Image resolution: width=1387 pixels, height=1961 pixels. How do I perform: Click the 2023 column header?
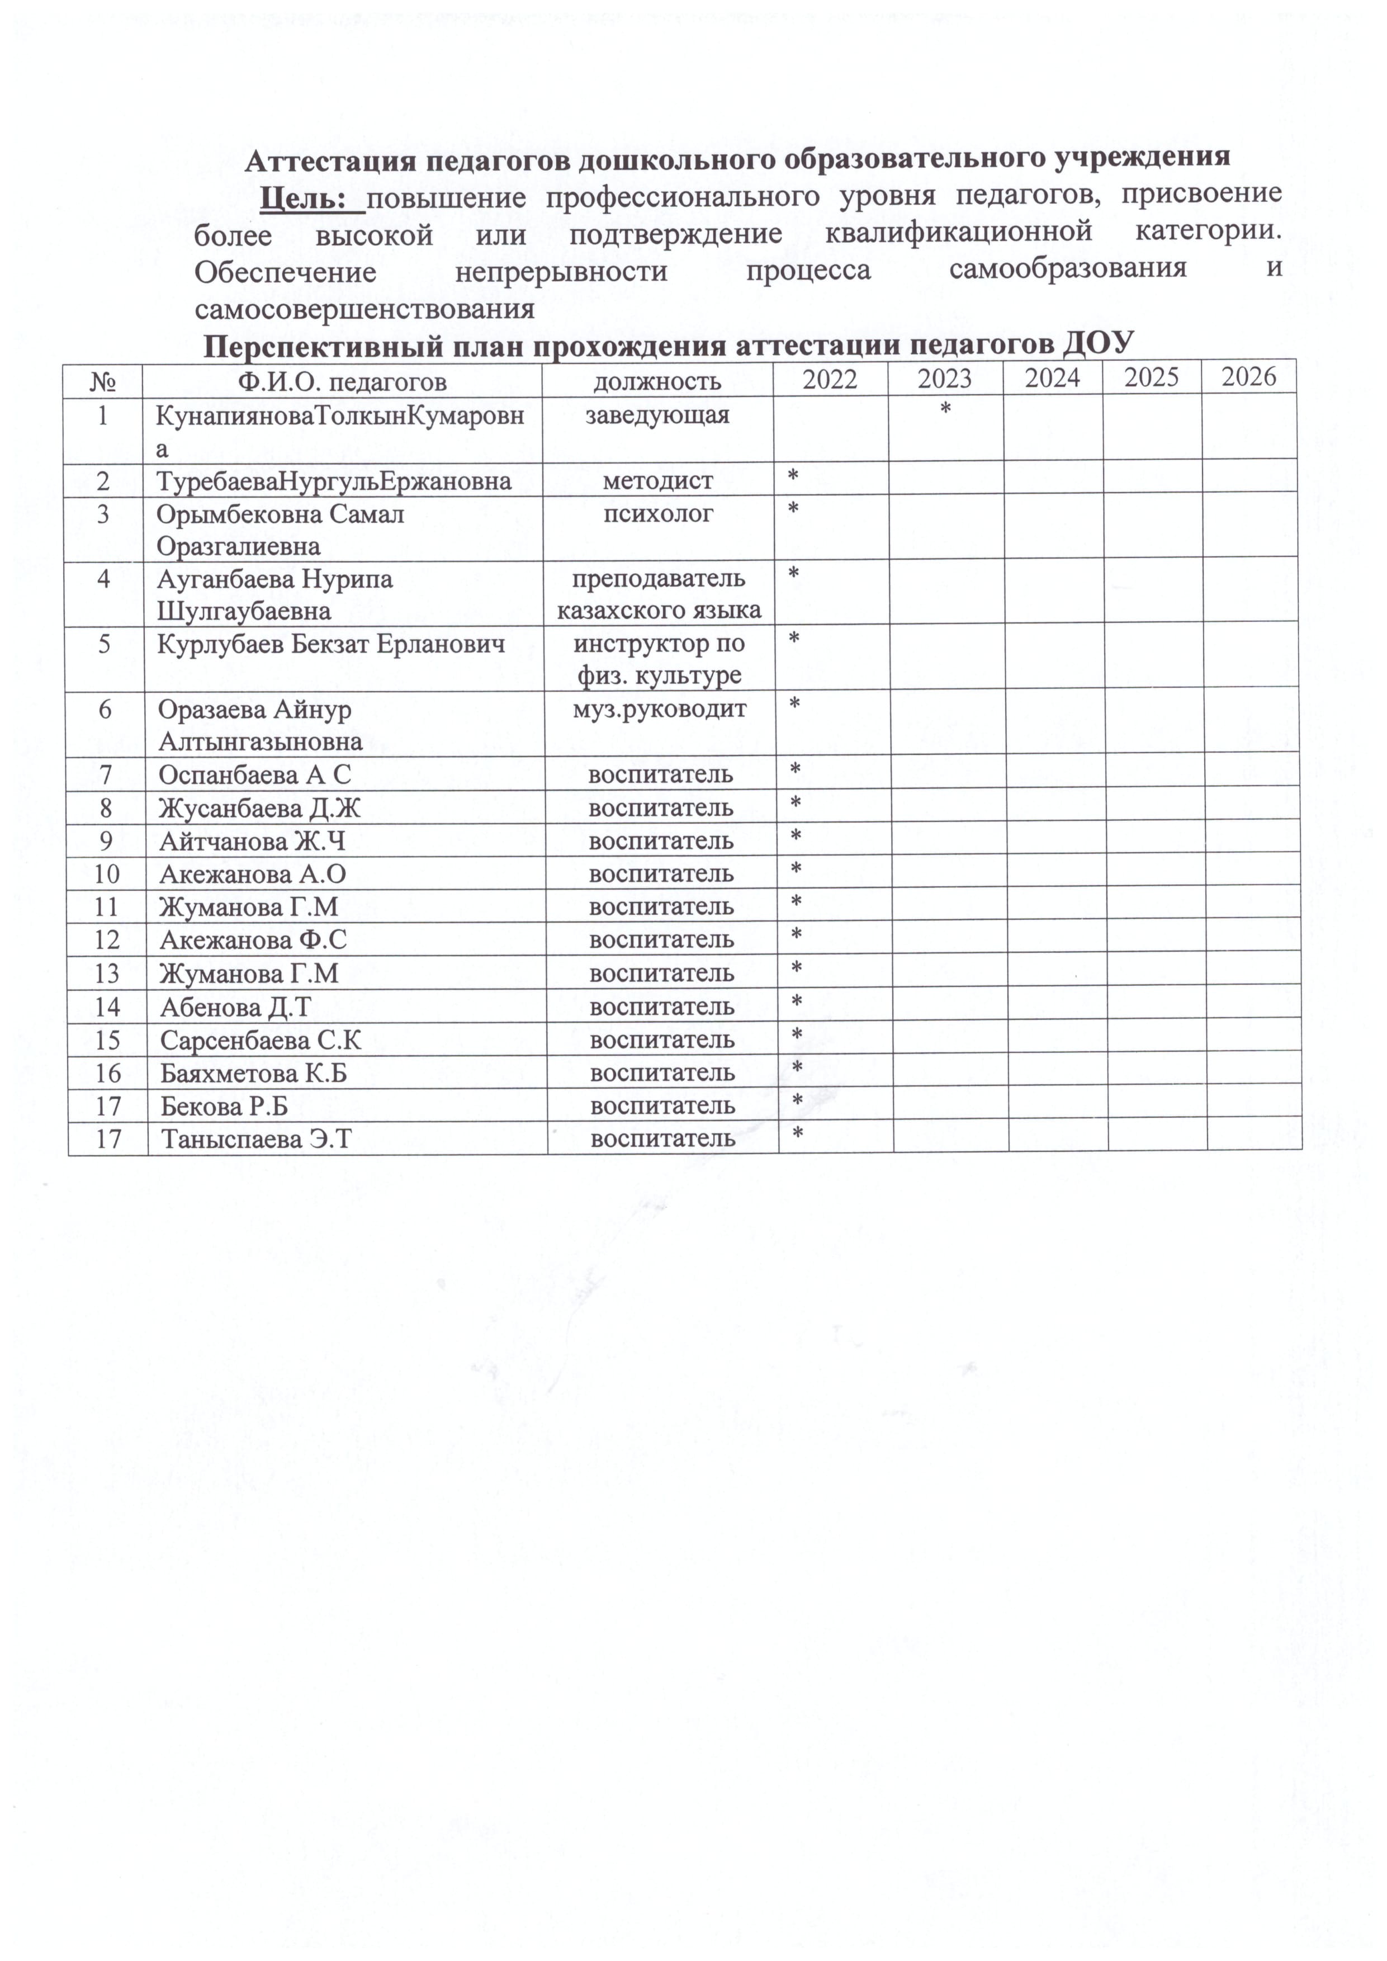pyautogui.click(x=945, y=379)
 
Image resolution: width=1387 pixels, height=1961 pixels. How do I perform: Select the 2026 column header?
pyautogui.click(x=1249, y=377)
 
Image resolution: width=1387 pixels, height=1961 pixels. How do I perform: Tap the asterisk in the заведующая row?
pyautogui.click(x=945, y=412)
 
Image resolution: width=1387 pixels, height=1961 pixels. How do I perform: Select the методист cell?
pyautogui.click(x=657, y=481)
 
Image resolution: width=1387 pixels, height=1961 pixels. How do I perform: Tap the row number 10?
pyautogui.click(x=107, y=874)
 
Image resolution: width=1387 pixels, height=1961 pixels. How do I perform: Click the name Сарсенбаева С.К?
pyautogui.click(x=261, y=1040)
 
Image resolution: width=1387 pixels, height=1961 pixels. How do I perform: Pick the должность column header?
pyautogui.click(x=657, y=381)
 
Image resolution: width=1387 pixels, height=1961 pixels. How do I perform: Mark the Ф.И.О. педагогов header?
pyautogui.click(x=342, y=381)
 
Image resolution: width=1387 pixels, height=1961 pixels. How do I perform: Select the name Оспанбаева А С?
pyautogui.click(x=254, y=774)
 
